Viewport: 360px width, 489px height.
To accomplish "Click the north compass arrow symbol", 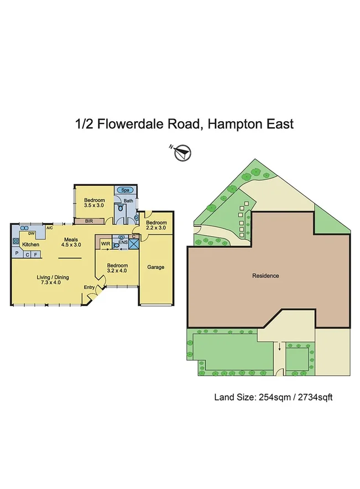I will point(182,152).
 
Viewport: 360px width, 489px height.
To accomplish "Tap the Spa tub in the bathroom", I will point(123,190).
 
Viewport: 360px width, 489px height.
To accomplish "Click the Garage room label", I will point(155,267).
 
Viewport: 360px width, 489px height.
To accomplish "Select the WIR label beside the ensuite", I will point(105,242).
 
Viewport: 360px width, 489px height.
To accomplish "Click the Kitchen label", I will point(30,244).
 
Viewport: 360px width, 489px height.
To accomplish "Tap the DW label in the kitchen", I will point(24,233).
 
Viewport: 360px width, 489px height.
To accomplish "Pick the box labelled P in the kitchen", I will point(17,254).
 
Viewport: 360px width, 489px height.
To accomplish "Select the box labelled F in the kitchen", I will point(35,254).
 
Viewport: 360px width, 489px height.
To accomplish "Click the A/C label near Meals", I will point(49,228).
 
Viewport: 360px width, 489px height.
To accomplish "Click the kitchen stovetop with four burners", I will point(15,241).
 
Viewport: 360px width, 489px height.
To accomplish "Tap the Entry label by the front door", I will point(88,287).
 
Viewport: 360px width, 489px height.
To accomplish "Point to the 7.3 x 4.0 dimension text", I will point(53,283).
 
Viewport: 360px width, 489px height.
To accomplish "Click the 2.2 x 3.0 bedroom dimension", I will point(156,227).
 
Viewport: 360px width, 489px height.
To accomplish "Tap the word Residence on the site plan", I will point(265,275).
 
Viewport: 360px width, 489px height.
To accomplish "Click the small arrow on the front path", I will point(280,347).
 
